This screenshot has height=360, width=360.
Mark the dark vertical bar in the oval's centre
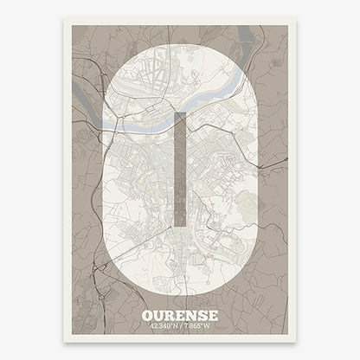point(179,169)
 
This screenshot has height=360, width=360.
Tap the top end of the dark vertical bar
point(179,114)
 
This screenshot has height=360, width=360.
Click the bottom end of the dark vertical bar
point(179,224)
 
